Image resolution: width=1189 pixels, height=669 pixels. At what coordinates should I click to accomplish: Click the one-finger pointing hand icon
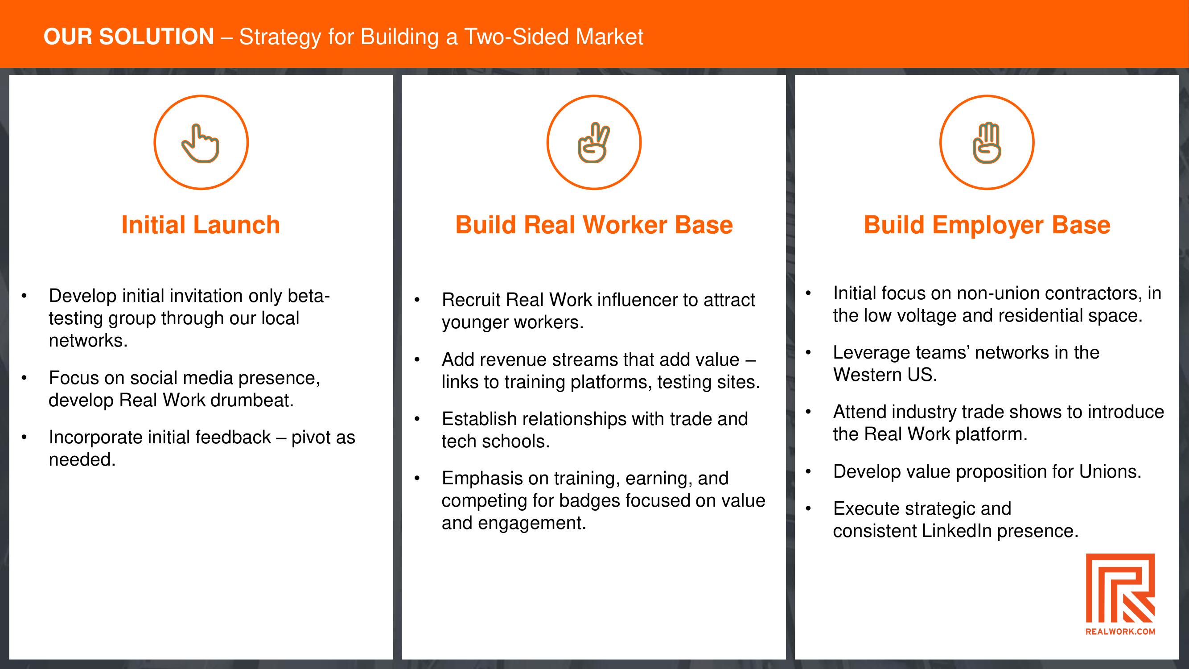(200, 143)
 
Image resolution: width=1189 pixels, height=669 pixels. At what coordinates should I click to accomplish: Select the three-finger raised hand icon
(987, 143)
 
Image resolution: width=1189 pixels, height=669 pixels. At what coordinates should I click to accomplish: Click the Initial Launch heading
(201, 225)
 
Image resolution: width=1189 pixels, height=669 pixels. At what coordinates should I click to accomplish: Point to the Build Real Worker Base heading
(594, 225)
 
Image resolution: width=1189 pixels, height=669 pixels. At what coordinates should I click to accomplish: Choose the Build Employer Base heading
(987, 225)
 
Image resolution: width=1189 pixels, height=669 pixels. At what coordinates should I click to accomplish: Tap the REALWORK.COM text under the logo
(1120, 632)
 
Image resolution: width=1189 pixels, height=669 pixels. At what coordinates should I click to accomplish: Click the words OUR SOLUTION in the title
(129, 37)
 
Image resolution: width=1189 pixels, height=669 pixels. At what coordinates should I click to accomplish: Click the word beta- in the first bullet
(309, 296)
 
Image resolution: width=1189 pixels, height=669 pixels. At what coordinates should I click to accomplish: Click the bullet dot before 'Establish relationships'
(417, 419)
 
